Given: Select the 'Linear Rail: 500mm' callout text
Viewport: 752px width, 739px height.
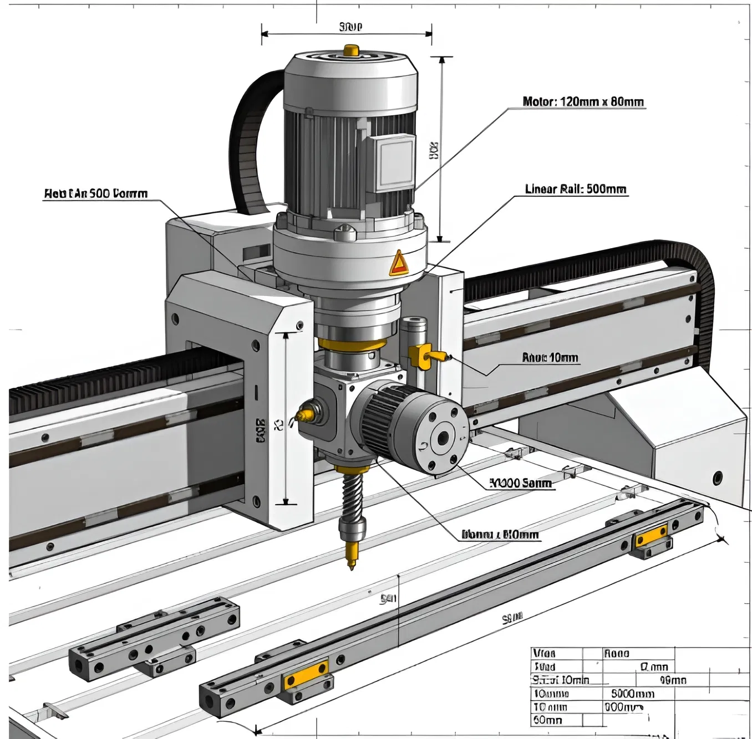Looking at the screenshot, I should pos(575,189).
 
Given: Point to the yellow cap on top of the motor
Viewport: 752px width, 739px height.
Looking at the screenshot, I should pos(350,50).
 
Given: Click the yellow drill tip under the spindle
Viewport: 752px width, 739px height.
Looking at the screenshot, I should pos(351,554).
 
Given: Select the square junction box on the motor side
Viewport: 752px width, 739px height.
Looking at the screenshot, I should pos(395,163).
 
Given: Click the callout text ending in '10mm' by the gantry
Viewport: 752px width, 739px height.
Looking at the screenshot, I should pos(550,358).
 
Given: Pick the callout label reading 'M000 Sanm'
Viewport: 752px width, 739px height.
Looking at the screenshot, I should pos(521,483).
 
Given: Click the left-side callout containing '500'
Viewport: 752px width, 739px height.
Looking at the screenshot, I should pos(95,194).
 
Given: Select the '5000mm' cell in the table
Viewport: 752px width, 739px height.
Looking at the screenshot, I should pos(632,694).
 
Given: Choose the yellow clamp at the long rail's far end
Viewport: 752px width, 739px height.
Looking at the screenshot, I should pos(652,537).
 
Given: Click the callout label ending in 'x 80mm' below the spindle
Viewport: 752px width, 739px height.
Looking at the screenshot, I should pos(500,535).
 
